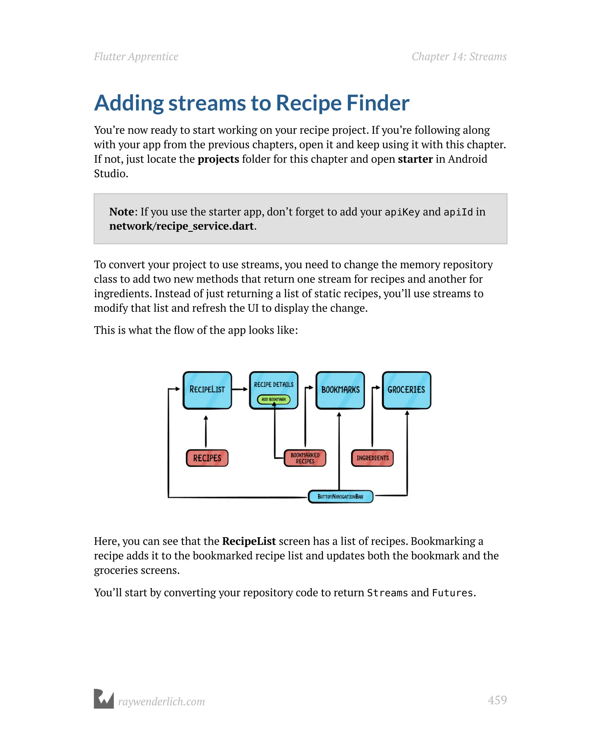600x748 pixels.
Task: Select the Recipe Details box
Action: (274, 385)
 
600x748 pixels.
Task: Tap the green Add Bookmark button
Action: (274, 399)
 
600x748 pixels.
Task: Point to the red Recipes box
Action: (207, 458)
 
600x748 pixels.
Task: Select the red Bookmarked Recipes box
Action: (305, 458)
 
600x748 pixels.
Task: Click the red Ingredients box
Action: (372, 458)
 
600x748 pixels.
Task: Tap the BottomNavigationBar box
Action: (341, 497)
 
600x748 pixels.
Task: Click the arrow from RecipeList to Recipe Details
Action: (240, 389)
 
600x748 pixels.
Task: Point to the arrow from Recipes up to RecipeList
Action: (206, 432)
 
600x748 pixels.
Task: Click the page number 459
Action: (497, 700)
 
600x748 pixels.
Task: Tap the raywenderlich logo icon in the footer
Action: (104, 699)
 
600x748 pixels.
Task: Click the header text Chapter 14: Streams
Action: (459, 57)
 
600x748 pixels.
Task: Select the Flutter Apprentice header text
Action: (136, 57)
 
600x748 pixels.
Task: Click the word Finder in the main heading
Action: (378, 103)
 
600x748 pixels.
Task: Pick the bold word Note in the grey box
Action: (122, 212)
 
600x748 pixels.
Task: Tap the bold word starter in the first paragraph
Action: (415, 159)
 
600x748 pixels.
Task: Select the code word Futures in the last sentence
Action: (452, 593)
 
